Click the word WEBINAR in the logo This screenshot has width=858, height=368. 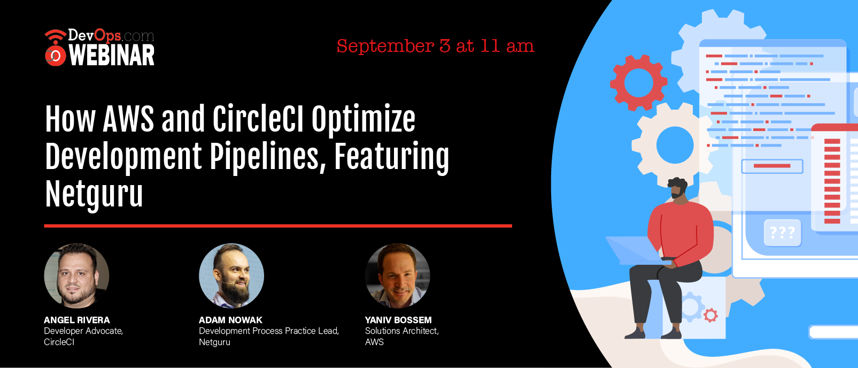pyautogui.click(x=112, y=56)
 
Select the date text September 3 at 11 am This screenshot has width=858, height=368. pyautogui.click(x=435, y=47)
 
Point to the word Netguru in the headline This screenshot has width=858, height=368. pyautogui.click(x=94, y=194)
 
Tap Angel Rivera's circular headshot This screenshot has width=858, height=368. pyautogui.click(x=76, y=275)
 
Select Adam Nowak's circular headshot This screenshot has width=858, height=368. pyautogui.click(x=231, y=275)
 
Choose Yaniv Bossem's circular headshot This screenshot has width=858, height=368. pyautogui.click(x=397, y=275)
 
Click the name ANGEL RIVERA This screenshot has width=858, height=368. pyautogui.click(x=76, y=320)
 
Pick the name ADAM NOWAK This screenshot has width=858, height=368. pyautogui.click(x=230, y=320)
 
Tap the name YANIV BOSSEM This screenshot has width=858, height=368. pyautogui.click(x=398, y=320)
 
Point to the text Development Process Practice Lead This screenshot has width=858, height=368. pyautogui.click(x=269, y=331)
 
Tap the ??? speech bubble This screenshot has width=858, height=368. pyautogui.click(x=783, y=232)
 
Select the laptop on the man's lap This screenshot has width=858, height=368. pyautogui.click(x=636, y=251)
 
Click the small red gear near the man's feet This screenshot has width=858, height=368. pyautogui.click(x=711, y=315)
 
